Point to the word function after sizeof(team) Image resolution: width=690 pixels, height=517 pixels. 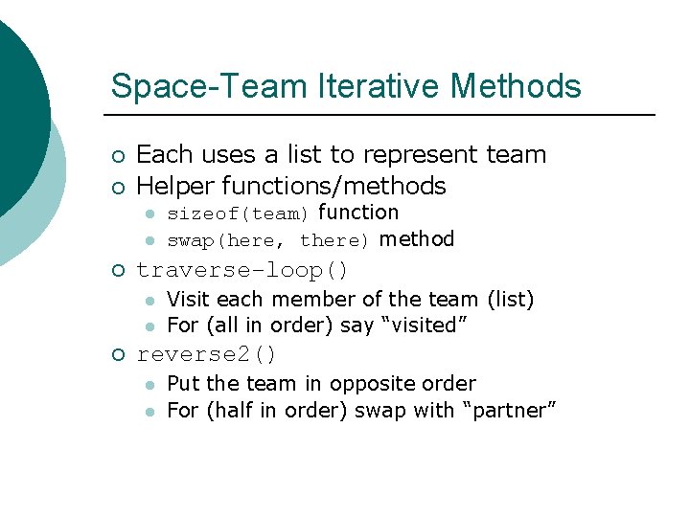(x=358, y=213)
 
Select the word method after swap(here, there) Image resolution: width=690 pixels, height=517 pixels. (x=417, y=239)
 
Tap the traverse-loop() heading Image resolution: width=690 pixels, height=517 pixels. (x=243, y=270)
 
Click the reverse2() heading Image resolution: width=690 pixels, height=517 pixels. (x=207, y=354)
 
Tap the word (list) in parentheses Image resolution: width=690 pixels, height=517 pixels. (x=511, y=300)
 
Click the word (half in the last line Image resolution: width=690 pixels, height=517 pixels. (x=224, y=411)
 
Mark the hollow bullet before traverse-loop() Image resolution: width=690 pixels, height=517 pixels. (x=118, y=270)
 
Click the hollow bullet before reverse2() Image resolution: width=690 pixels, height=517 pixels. (x=118, y=355)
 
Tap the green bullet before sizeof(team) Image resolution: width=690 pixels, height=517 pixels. (x=150, y=214)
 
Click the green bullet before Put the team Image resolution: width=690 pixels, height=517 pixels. (x=150, y=385)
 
